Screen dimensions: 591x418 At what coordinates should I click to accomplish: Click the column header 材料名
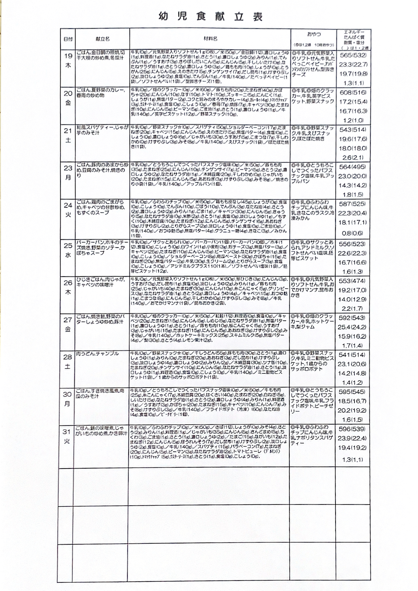[210, 39]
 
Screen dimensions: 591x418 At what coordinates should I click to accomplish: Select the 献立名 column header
[103, 39]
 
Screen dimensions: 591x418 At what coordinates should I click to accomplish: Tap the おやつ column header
[314, 34]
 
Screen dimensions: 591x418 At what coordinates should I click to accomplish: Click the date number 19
[68, 56]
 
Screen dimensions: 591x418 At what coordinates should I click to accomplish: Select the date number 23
[68, 168]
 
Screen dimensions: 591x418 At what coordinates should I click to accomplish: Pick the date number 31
[67, 432]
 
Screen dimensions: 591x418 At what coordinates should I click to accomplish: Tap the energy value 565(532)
[353, 55]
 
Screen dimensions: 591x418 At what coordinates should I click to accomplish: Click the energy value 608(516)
[353, 92]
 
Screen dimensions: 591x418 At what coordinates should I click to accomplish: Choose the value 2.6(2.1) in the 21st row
[353, 157]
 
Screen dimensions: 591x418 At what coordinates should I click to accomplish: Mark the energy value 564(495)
[353, 167]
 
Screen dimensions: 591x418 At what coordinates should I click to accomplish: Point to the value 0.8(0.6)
[353, 233]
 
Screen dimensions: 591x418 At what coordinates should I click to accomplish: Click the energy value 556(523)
[353, 244]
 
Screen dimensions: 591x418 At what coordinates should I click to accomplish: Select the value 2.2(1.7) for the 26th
[353, 308]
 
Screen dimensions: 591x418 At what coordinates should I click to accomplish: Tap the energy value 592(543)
[353, 318]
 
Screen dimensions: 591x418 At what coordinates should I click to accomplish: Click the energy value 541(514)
[353, 355]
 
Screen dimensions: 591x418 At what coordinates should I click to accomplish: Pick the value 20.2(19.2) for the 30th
[353, 410]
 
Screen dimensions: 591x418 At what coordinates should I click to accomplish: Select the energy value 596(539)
[353, 429]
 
